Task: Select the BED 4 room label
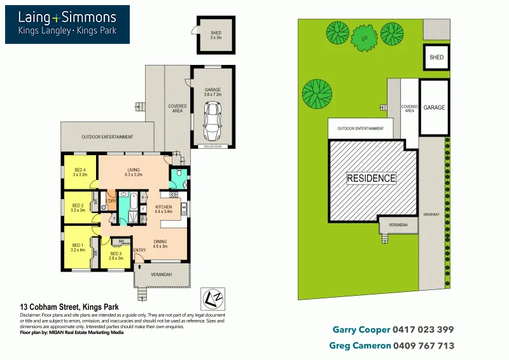pyautogui.click(x=80, y=172)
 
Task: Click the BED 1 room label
pyautogui.click(x=78, y=247)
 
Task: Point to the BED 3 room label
pyautogui.click(x=115, y=256)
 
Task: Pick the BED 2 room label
pyautogui.click(x=78, y=207)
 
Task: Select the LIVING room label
pyautogui.click(x=133, y=172)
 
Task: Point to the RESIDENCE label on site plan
pyautogui.click(x=371, y=178)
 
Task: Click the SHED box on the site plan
pyautogui.click(x=436, y=57)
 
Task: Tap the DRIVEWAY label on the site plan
pyautogui.click(x=431, y=215)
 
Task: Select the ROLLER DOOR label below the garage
pyautogui.click(x=212, y=147)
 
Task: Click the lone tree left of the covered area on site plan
pyautogui.click(x=316, y=93)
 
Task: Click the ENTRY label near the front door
pyautogui.click(x=139, y=250)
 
